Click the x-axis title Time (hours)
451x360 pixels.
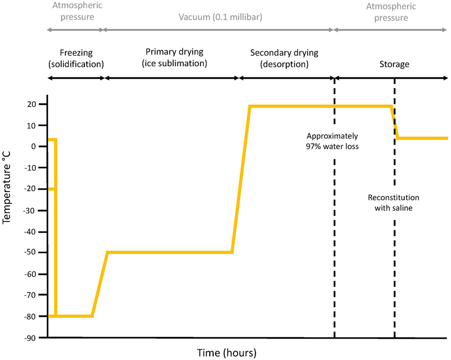pos(226,353)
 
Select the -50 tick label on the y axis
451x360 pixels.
pos(33,252)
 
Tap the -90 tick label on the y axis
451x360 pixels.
pos(33,337)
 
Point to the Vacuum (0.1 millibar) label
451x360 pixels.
pos(220,18)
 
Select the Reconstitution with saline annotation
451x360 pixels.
pos(394,203)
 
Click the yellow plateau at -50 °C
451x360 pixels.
pos(170,252)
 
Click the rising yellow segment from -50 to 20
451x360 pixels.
pos(241,180)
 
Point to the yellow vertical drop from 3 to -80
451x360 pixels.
pos(56,228)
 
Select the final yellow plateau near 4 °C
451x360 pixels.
pos(422,138)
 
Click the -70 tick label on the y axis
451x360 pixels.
pos(33,295)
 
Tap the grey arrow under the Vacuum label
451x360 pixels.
pos(218,30)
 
